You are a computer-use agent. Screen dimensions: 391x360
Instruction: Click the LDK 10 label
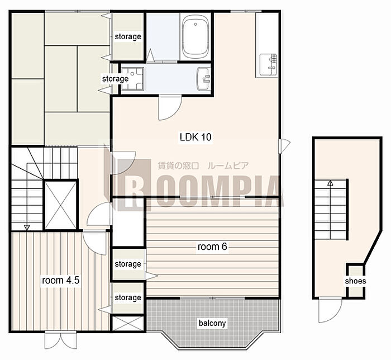pos(195,137)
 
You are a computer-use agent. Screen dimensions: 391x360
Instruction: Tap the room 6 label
pos(212,247)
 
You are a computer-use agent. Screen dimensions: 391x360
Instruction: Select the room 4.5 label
pos(60,280)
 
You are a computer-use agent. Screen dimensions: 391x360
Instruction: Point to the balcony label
pos(212,323)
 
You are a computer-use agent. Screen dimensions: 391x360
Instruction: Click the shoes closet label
pos(355,281)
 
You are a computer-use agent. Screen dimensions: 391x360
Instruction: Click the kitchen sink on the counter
pos(268,65)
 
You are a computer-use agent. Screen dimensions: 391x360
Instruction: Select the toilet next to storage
pos(132,79)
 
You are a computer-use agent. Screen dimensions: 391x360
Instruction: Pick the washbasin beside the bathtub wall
pos(204,79)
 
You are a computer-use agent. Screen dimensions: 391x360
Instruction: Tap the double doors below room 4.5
pos(60,340)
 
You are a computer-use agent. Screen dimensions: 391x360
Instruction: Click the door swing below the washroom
pos(170,108)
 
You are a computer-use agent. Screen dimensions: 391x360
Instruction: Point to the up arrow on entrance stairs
pos(330,183)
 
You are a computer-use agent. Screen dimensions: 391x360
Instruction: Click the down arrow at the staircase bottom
pos(27,228)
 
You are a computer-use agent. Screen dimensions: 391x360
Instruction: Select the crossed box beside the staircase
pos(60,205)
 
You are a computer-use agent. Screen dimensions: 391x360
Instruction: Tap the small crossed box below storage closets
pos(127,324)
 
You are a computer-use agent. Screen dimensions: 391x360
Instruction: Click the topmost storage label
pos(128,37)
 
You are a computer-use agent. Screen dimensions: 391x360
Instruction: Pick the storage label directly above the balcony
pos(128,297)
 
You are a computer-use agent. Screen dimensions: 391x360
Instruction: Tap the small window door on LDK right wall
pos(284,146)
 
